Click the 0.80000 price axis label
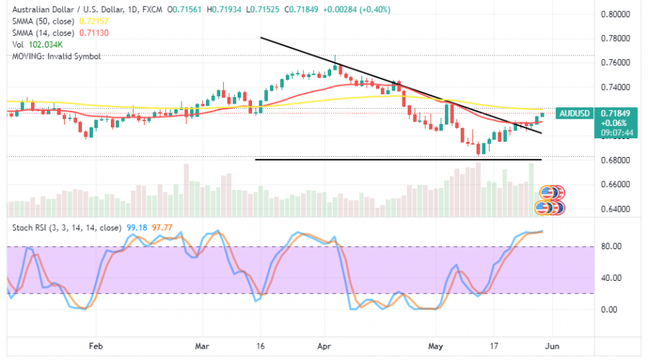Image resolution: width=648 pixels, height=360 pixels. pyautogui.click(x=616, y=14)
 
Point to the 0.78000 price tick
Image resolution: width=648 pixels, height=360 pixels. pyautogui.click(x=616, y=38)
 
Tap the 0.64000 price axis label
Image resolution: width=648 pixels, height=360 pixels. pyautogui.click(x=616, y=210)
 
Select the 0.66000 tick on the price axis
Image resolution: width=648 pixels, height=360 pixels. pyautogui.click(x=616, y=184)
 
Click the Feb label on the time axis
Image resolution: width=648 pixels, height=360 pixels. pyautogui.click(x=95, y=345)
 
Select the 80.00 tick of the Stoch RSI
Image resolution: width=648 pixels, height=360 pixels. pyautogui.click(x=610, y=246)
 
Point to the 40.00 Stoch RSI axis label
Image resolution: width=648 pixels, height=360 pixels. pyautogui.click(x=610, y=278)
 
